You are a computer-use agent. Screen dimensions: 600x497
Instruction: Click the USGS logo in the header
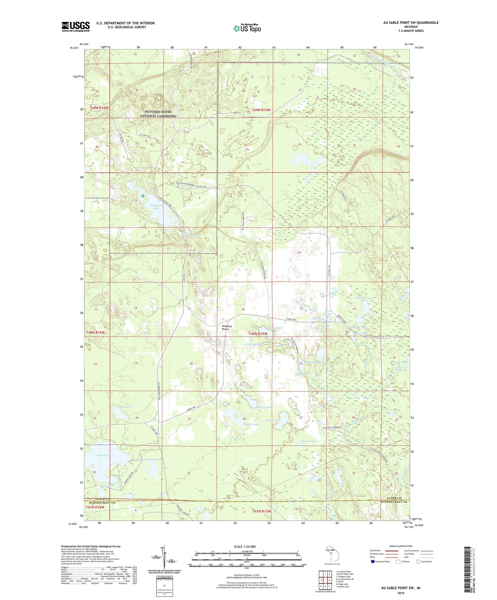[x=76, y=26]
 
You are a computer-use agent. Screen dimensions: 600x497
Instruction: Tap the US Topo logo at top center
[x=247, y=28]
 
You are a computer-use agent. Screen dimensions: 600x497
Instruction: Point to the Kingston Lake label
[x=156, y=207]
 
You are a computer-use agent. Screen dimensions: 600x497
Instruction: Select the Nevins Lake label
[x=105, y=455]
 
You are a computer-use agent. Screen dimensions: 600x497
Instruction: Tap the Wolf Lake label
[x=126, y=406]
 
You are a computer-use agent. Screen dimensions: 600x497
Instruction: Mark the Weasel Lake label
[x=308, y=441]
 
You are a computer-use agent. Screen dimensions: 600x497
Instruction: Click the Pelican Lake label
[x=363, y=298]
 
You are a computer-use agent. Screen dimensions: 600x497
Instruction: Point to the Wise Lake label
[x=273, y=420]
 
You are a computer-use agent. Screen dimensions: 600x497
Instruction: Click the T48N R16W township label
[x=95, y=332]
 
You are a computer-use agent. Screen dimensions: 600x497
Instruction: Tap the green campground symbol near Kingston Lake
[x=142, y=196]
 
